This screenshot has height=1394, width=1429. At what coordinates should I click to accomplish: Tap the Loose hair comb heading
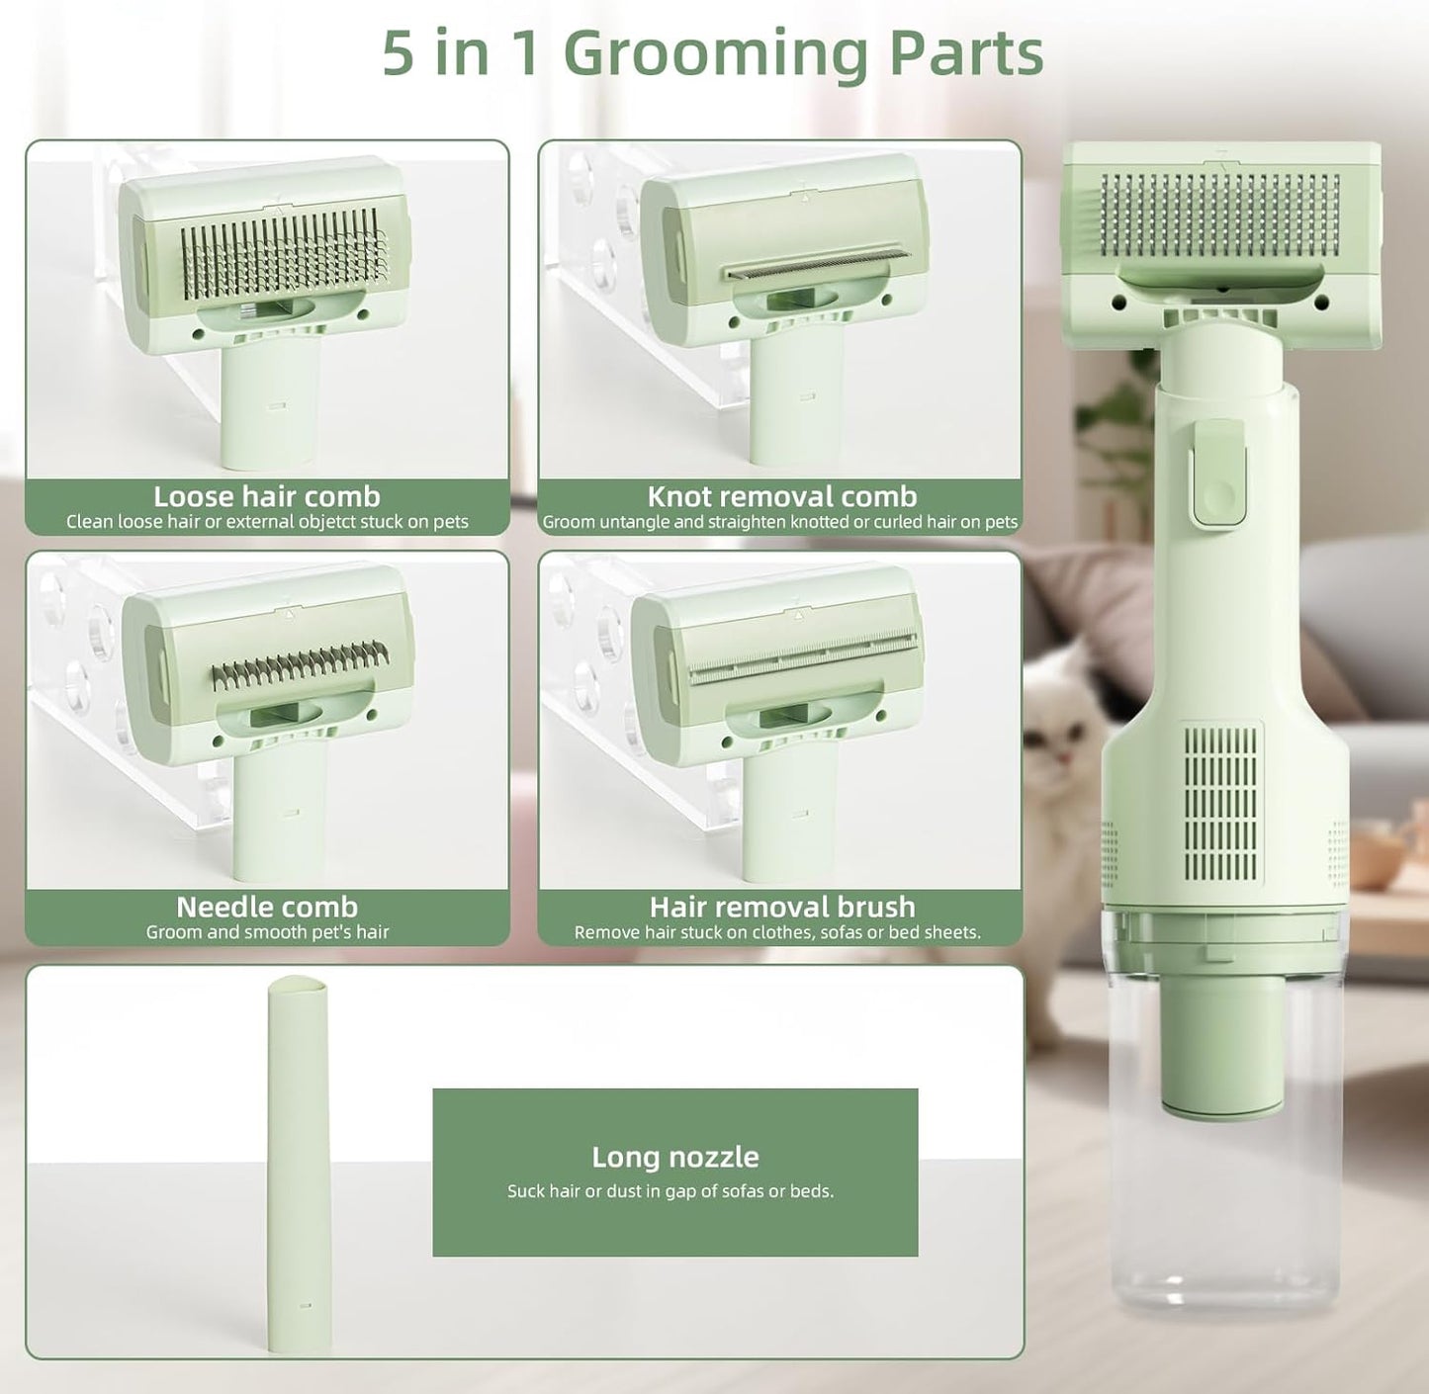click(267, 496)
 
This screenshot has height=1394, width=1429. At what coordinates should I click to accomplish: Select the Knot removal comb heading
click(781, 496)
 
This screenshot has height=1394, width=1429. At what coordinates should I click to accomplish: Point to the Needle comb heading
click(267, 907)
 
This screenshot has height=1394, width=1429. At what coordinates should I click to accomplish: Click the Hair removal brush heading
click(781, 907)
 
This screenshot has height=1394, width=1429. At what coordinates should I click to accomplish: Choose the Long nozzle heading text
click(675, 1157)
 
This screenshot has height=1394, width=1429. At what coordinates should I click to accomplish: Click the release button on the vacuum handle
click(1218, 473)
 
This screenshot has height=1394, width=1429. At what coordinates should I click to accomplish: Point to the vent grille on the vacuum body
click(1221, 804)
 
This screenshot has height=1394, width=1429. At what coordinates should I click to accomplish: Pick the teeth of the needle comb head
click(300, 665)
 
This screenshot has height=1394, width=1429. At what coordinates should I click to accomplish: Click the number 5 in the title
click(398, 54)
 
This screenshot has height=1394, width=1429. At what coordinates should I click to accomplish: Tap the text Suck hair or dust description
click(670, 1191)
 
